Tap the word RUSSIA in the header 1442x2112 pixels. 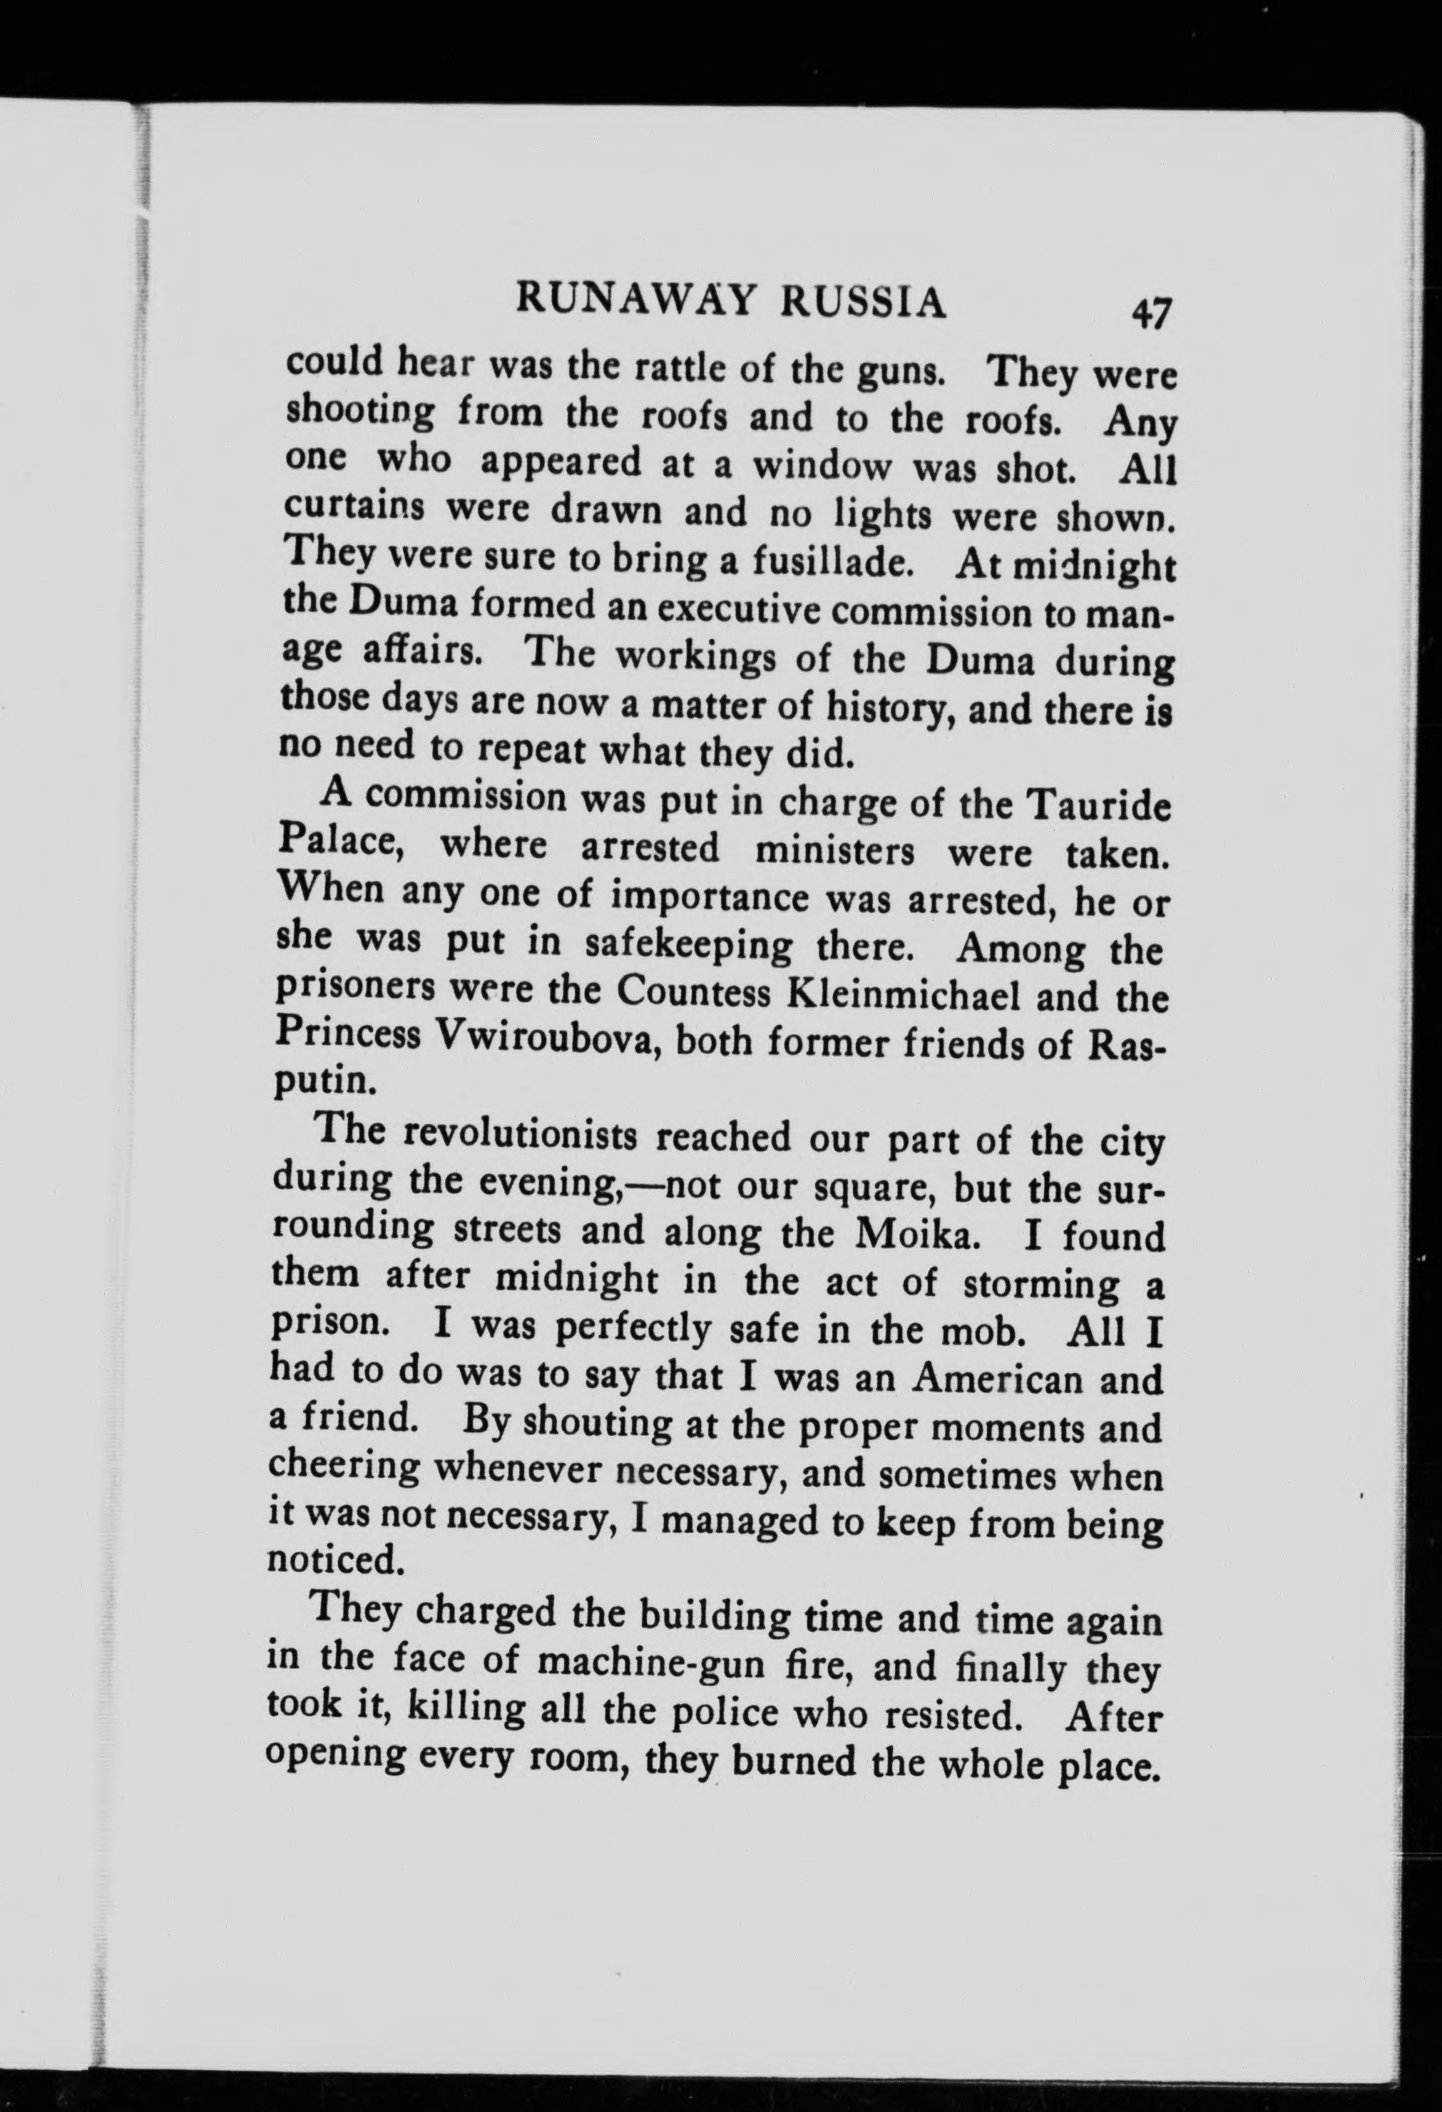(x=863, y=304)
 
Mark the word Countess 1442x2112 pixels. (x=694, y=991)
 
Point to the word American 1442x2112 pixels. (x=997, y=1379)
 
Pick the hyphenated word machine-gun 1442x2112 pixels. (x=644, y=1662)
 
